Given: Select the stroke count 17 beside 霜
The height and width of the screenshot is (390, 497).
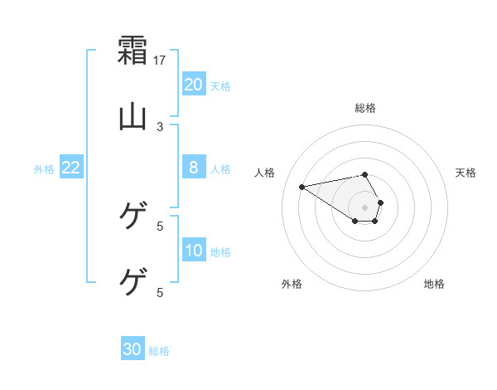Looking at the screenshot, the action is pos(161,61).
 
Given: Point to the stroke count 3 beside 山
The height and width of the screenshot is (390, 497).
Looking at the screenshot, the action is pos(160,127).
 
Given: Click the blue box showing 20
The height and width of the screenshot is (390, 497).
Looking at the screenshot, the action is pos(194,84).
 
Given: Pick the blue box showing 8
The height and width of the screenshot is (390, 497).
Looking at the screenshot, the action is pos(194,168).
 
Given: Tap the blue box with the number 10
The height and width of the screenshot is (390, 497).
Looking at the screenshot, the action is pos(194,251).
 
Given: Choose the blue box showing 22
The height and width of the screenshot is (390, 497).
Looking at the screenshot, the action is pos(71,168).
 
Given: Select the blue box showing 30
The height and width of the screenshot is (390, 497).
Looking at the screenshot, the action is pos(133,349).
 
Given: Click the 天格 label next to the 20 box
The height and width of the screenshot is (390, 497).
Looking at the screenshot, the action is pos(220,85).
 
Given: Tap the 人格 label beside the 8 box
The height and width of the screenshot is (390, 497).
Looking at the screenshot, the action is pos(220,169).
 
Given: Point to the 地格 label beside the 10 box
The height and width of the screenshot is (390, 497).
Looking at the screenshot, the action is pos(220,252).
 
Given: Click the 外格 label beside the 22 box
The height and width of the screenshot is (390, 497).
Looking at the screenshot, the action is pos(44,169).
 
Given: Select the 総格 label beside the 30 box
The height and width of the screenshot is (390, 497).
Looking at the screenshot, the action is pos(159,351).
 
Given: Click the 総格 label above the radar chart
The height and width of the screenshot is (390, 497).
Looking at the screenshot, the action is pos(365,108).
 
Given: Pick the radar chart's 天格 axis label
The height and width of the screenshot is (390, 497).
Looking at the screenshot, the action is pos(466,173).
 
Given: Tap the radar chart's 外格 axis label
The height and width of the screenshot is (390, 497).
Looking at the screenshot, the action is pos(292,284).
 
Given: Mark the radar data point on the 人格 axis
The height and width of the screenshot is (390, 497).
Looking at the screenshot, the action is pos(302,186).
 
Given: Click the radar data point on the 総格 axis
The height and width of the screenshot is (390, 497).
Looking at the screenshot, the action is pos(365,174).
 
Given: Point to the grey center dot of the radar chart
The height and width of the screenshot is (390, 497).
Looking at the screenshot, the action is pos(365,207).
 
